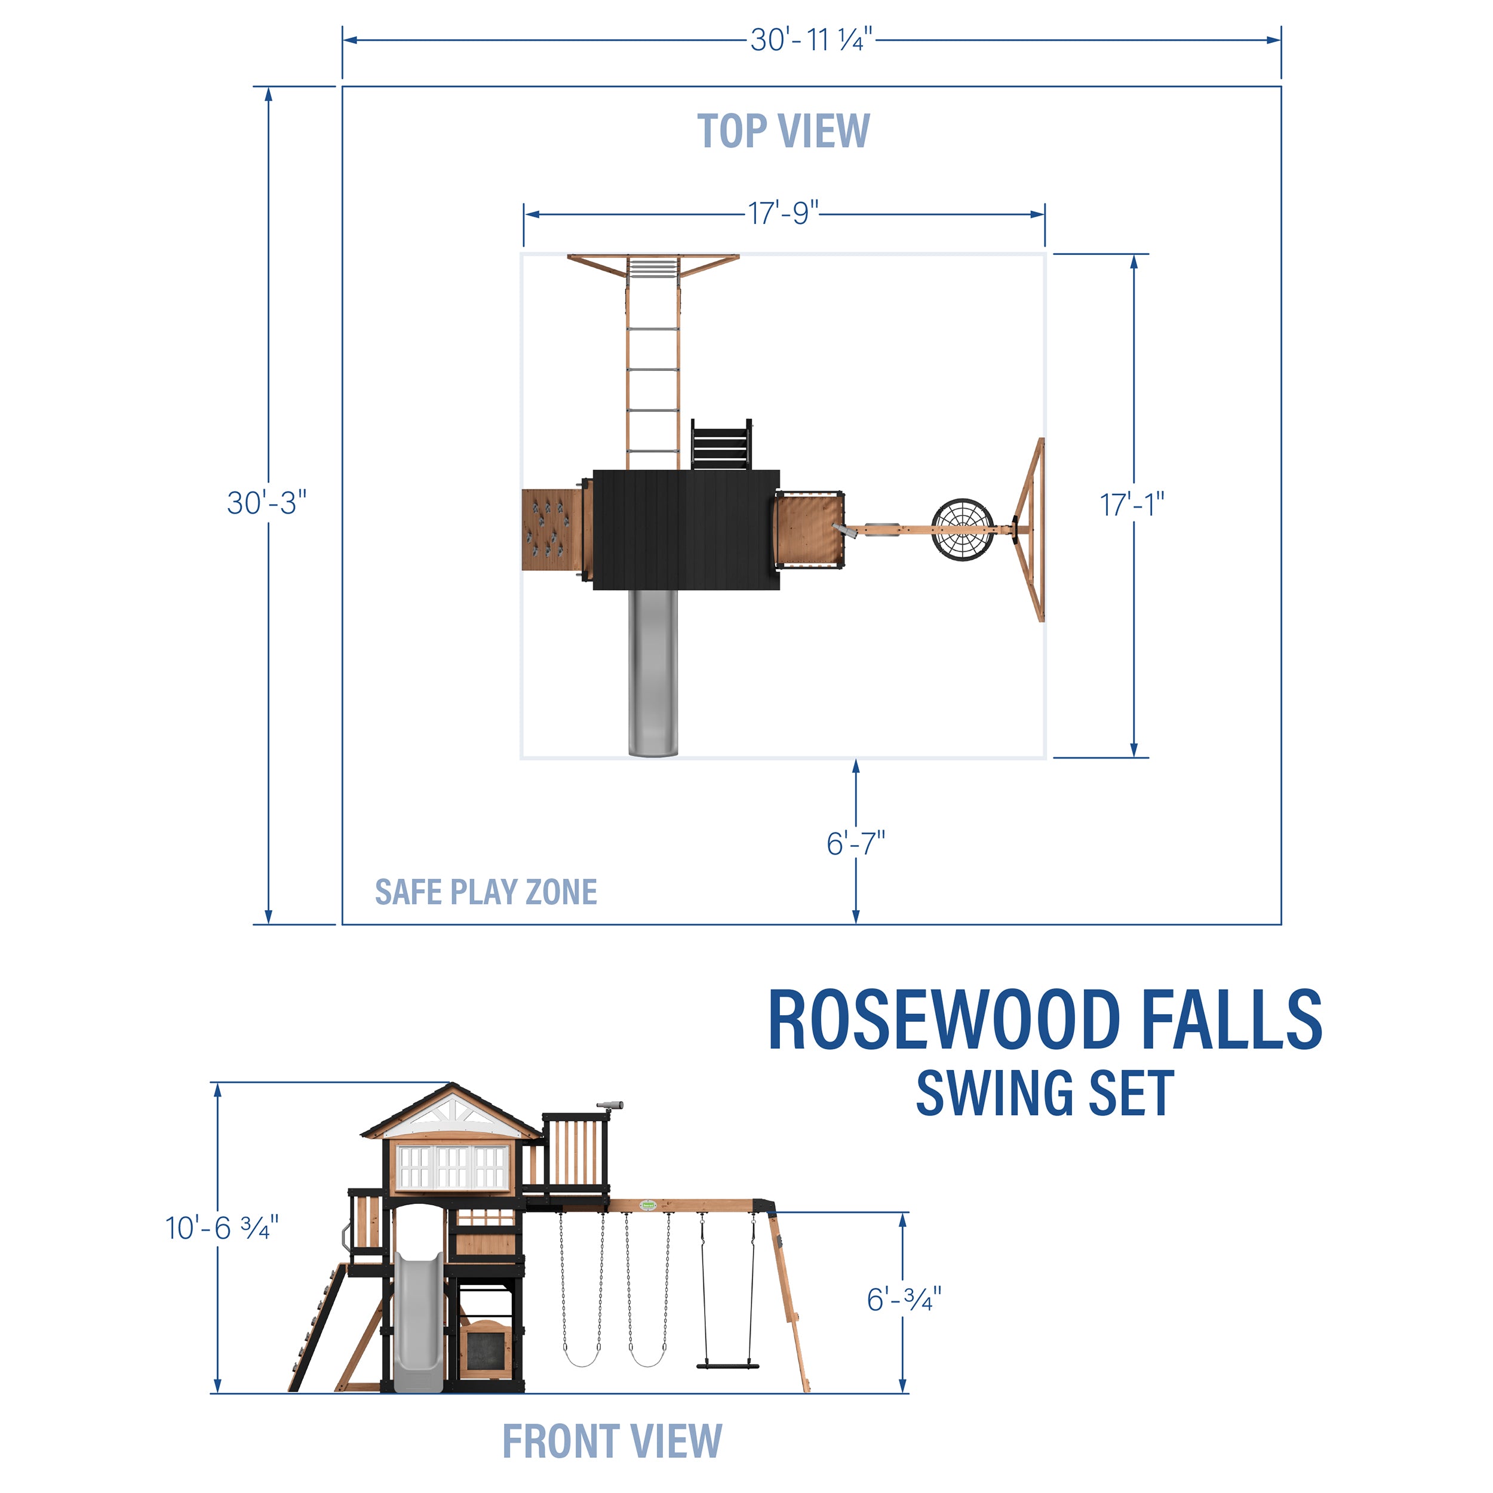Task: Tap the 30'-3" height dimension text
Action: [x=266, y=503]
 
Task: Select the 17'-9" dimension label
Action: [x=783, y=213]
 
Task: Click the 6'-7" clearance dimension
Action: [x=855, y=844]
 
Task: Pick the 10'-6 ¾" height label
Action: [x=222, y=1228]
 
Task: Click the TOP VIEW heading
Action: [x=783, y=131]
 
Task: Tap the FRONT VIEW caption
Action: [x=612, y=1441]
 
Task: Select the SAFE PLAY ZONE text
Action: [x=486, y=892]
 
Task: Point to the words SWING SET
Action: [x=1045, y=1093]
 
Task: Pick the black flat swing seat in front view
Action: [x=728, y=1365]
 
